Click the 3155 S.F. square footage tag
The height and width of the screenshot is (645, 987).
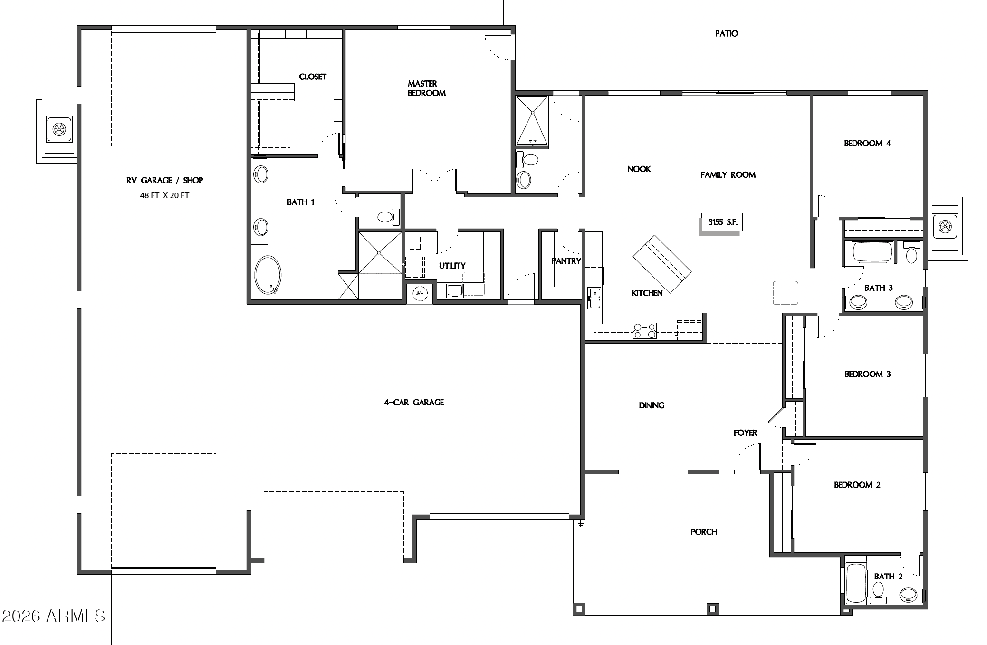(721, 222)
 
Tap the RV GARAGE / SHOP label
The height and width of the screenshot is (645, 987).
(164, 180)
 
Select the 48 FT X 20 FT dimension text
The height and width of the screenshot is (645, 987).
(164, 195)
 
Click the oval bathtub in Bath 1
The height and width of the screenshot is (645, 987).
(268, 275)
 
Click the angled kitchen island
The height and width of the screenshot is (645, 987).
(662, 263)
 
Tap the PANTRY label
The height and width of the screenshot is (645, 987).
(565, 261)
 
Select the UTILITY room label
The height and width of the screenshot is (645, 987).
(452, 266)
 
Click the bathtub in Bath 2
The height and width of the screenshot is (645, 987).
(856, 583)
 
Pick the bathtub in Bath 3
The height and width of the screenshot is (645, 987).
(872, 252)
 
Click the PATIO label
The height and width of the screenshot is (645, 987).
(726, 34)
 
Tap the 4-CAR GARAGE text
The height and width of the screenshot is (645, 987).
(414, 403)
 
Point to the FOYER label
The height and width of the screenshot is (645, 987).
(745, 433)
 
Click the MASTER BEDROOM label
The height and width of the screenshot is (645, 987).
(426, 88)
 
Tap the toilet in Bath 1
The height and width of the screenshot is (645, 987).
(386, 218)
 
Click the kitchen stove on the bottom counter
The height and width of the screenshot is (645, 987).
(644, 330)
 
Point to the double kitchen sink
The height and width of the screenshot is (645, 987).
(594, 298)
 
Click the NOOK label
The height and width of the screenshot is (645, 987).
(639, 169)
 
